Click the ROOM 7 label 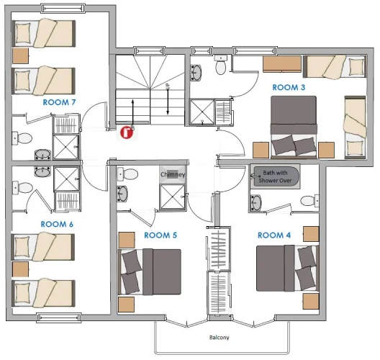point(59,102)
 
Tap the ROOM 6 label point(57,224)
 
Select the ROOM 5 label point(160,235)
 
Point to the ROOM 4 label point(274,235)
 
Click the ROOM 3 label point(289,87)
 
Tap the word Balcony point(219,338)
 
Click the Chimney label point(173,174)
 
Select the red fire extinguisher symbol point(127,132)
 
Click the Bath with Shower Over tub point(275,176)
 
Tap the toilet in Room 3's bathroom point(220,65)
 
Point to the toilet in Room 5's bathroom point(127,174)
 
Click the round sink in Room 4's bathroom point(256,202)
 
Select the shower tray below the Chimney point(172,197)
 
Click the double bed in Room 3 point(294,127)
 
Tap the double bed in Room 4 point(287,268)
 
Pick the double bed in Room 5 point(150,272)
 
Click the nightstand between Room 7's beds point(21,56)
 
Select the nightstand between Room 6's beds point(21,269)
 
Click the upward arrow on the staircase point(132,112)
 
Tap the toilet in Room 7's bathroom point(22,139)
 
